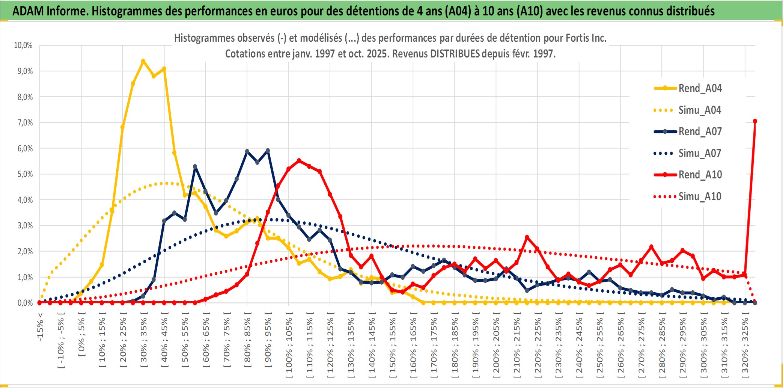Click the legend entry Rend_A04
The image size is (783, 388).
pyautogui.click(x=700, y=88)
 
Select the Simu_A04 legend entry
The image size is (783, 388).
pyautogui.click(x=700, y=110)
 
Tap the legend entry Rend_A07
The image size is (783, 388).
pyautogui.click(x=700, y=131)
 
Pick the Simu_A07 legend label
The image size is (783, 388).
pyautogui.click(x=700, y=153)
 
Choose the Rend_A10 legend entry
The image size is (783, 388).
pyautogui.click(x=700, y=175)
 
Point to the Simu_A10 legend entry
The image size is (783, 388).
pyautogui.click(x=700, y=196)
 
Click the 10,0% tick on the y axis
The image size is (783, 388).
pyautogui.click(x=23, y=45)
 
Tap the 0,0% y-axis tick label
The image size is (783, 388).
pyautogui.click(x=25, y=303)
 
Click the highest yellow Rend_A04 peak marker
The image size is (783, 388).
pyautogui.click(x=143, y=61)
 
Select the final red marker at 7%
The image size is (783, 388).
pyautogui.click(x=755, y=121)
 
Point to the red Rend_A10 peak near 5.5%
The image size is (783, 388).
pyautogui.click(x=299, y=161)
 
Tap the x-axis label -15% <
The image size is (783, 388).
pyautogui.click(x=40, y=326)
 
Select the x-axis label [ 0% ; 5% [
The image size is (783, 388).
pyautogui.click(x=82, y=337)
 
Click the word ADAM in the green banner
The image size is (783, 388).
pyautogui.click(x=28, y=11)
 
